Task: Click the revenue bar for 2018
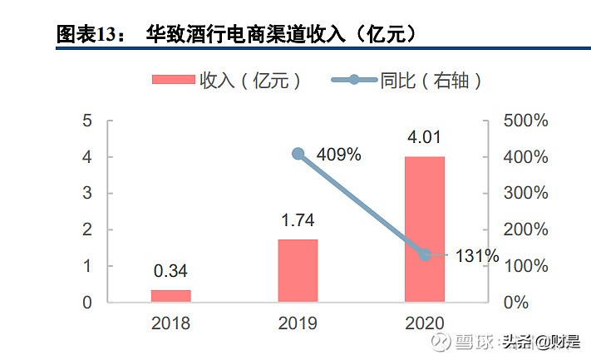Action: pos(170,295)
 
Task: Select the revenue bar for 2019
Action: pos(298,270)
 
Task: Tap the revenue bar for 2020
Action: pos(425,229)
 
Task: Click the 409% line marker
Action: pos(298,154)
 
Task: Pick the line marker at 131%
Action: pos(425,255)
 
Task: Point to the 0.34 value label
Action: pos(170,271)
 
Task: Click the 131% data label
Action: pos(476,256)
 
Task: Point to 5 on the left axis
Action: pos(87,121)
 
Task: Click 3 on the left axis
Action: pos(87,193)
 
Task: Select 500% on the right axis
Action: pos(525,121)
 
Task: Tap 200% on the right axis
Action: pos(525,229)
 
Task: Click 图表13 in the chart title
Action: pos(87,34)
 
